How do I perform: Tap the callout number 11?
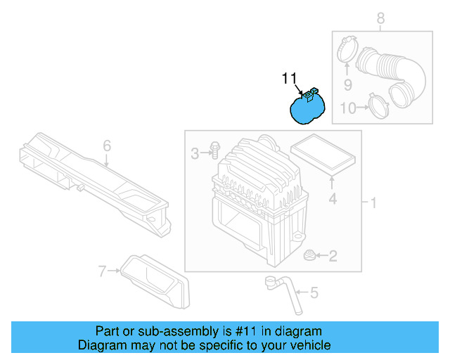(x=290, y=78)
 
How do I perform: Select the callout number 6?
(x=107, y=146)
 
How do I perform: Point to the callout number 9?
(x=347, y=85)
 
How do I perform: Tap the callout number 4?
(x=333, y=199)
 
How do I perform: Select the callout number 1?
(x=374, y=203)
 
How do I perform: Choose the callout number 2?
(x=333, y=257)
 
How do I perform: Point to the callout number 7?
(x=103, y=270)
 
